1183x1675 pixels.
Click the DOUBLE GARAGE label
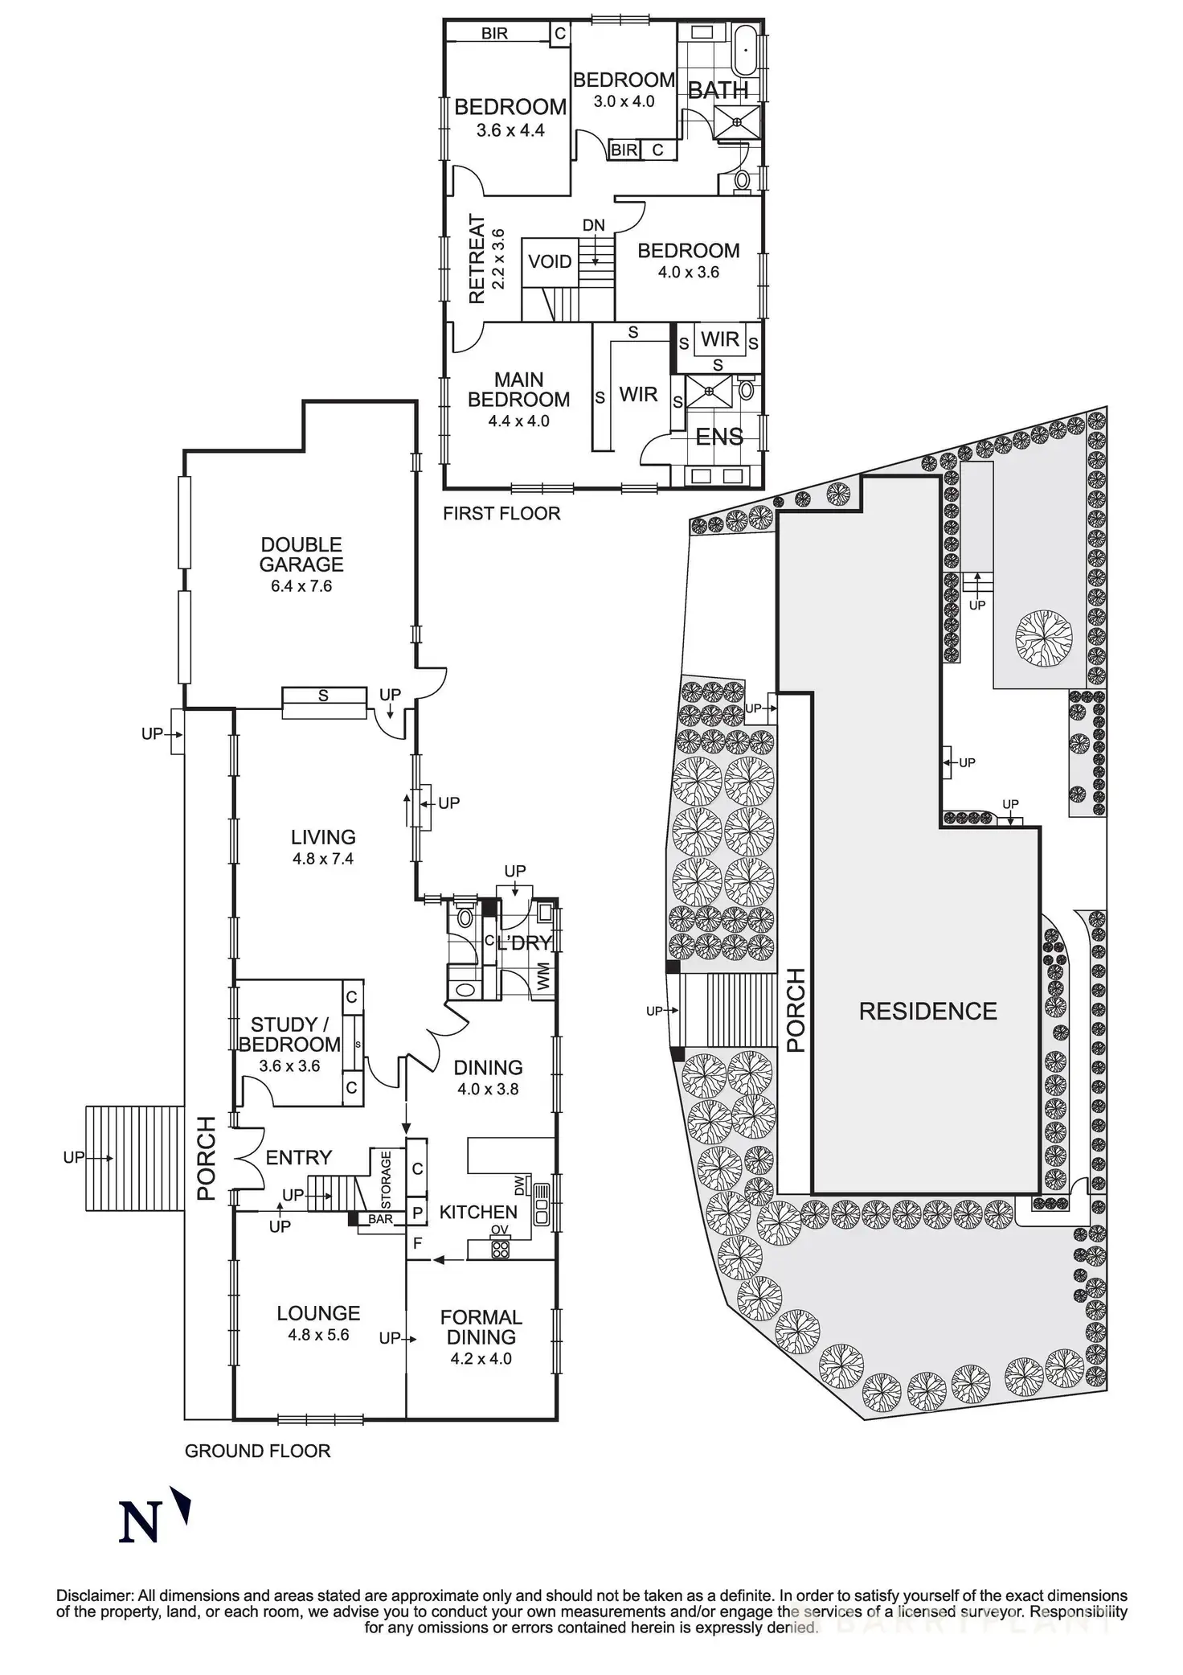[301, 554]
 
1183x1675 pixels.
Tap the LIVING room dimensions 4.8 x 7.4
[323, 859]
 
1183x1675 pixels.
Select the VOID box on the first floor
[550, 261]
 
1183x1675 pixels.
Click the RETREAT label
[477, 259]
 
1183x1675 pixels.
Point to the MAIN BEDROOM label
[518, 389]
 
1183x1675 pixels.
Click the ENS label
[718, 437]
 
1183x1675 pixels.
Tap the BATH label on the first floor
[718, 91]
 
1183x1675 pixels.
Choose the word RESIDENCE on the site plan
[927, 1011]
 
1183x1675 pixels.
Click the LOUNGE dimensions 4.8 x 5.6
[318, 1336]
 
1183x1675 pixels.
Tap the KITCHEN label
[478, 1212]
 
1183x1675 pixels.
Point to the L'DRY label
[524, 943]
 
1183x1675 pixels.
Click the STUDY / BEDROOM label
[289, 1034]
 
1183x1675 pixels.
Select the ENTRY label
[298, 1157]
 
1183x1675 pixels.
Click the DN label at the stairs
[593, 225]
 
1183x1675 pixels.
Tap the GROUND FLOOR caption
[257, 1451]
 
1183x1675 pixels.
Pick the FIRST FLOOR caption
[501, 513]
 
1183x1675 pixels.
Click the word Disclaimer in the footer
[94, 1595]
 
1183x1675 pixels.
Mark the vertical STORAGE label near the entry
[385, 1180]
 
